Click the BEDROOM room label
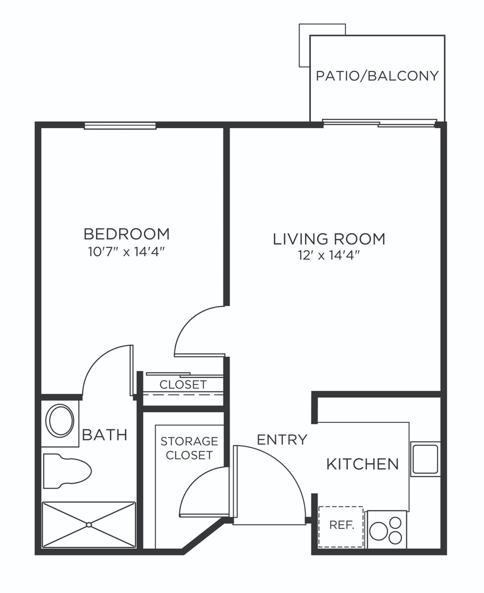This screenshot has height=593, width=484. (127, 234)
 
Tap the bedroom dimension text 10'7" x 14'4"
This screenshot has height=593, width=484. (126, 252)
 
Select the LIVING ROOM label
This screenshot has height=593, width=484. (329, 239)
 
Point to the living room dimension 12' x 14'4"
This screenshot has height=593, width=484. (329, 255)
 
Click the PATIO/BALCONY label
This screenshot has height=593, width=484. (377, 76)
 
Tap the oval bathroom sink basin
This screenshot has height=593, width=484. (60, 421)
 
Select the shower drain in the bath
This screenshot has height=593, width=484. (89, 525)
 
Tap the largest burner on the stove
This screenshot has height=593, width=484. (379, 531)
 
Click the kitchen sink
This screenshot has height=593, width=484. (425, 459)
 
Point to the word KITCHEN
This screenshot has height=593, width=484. (362, 464)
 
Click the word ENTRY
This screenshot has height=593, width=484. (282, 440)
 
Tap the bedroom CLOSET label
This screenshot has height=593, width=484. (183, 385)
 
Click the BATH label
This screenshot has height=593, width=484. (105, 435)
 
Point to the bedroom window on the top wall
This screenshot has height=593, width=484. (120, 125)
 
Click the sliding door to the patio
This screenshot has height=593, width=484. (379, 123)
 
